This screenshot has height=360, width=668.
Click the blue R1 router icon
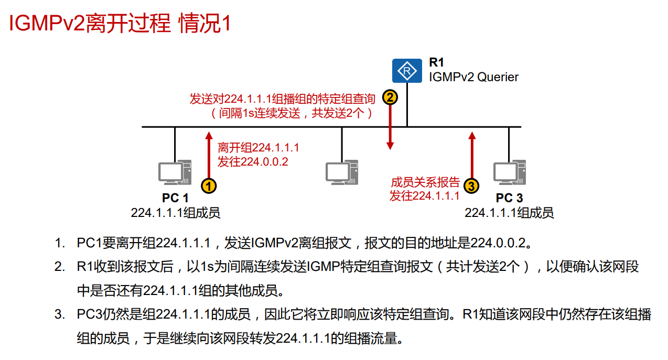(x=406, y=71)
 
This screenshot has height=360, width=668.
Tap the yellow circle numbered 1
(x=209, y=186)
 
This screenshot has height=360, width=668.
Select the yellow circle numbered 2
(x=390, y=97)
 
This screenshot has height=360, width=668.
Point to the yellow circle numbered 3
(x=472, y=186)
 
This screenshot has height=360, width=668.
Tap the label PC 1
(x=175, y=198)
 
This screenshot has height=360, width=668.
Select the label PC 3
(x=509, y=198)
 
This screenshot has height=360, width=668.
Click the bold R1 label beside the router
(x=436, y=63)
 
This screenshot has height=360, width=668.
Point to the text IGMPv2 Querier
(x=473, y=77)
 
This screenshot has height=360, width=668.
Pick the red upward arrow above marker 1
(x=209, y=155)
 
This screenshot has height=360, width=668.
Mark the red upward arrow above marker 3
(x=472, y=155)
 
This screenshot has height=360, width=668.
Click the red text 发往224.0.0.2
(x=253, y=161)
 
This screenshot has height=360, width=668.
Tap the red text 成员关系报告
(x=425, y=182)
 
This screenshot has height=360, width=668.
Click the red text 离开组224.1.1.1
(x=258, y=147)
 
